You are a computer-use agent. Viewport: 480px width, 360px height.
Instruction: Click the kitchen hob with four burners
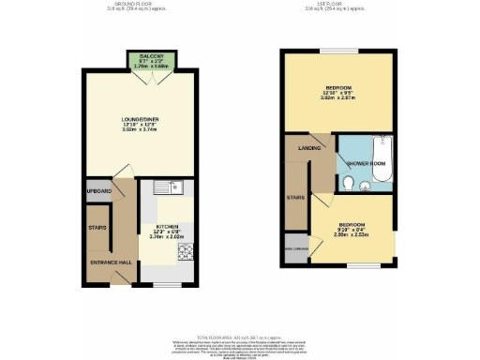(184, 251)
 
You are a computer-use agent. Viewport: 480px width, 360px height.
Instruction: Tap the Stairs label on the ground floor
(97, 227)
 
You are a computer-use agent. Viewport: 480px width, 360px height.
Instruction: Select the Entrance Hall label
(108, 262)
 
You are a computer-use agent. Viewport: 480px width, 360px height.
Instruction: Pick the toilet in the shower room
(348, 186)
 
